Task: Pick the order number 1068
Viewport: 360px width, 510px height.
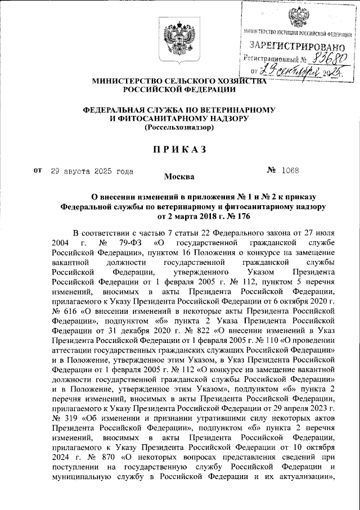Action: click(x=291, y=170)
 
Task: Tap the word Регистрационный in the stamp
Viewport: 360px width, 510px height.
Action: click(x=268, y=58)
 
